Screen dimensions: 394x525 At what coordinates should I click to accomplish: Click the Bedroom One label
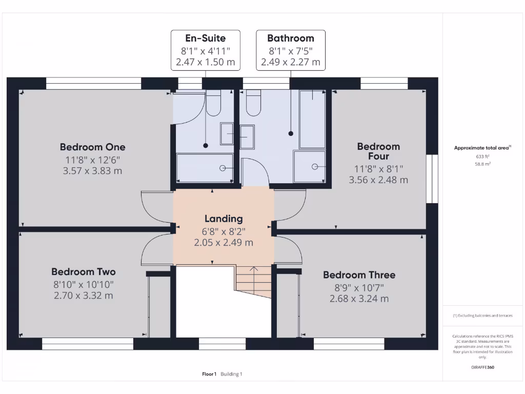point(92,147)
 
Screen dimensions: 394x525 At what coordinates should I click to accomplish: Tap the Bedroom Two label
point(83,272)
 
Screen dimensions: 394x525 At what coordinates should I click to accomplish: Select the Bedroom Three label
point(359,275)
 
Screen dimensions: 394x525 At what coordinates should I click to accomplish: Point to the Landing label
point(224,219)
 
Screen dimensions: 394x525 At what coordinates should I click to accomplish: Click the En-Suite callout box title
point(205,38)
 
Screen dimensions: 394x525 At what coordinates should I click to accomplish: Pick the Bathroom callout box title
point(290,38)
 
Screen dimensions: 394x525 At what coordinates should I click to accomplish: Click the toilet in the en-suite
point(213,104)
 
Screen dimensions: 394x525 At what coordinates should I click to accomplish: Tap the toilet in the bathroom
point(253,104)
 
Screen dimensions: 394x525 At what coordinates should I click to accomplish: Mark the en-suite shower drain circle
point(223,168)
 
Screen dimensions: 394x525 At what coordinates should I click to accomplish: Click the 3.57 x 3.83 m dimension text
point(92,171)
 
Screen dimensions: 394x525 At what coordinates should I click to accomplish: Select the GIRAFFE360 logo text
point(482,367)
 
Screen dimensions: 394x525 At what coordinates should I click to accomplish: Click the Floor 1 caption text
point(209,374)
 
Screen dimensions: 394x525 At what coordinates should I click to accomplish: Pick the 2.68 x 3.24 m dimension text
point(359,299)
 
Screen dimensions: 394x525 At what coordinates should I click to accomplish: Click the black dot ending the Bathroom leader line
point(291,133)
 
